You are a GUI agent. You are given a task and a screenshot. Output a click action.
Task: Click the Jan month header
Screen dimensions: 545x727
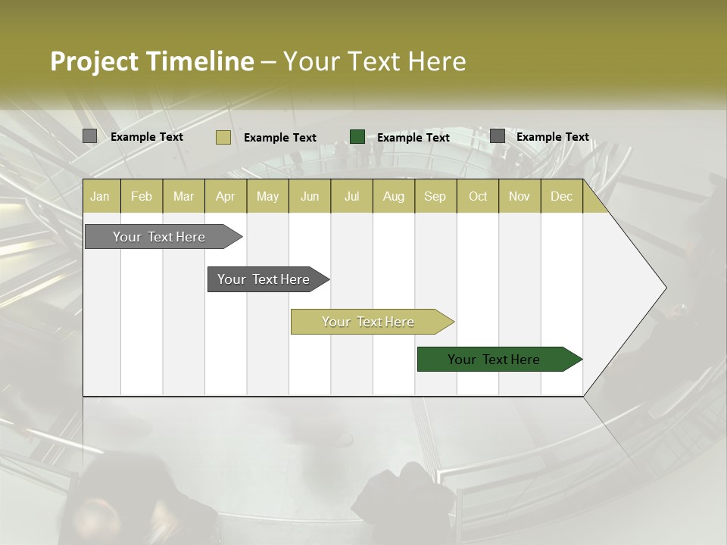pyautogui.click(x=100, y=196)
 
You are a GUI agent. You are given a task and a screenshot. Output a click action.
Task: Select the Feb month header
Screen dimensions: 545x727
pyautogui.click(x=142, y=196)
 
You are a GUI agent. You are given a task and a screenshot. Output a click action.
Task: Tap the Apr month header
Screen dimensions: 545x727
pyautogui.click(x=225, y=196)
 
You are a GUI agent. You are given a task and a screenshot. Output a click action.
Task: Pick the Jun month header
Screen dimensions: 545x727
pyautogui.click(x=310, y=196)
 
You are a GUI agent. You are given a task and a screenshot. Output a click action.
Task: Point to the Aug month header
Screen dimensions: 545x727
pyautogui.click(x=393, y=196)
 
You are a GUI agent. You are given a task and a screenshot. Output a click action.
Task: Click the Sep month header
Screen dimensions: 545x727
pyautogui.click(x=435, y=196)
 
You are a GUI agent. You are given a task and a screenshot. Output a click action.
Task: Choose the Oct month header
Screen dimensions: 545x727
pyautogui.click(x=478, y=196)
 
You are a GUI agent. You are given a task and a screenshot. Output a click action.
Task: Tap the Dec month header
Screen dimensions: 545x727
pyautogui.click(x=561, y=196)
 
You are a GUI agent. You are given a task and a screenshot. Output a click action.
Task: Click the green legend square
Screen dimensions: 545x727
pyautogui.click(x=357, y=137)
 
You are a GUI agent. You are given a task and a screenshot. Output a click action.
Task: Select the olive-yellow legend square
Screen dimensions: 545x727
pyautogui.click(x=223, y=137)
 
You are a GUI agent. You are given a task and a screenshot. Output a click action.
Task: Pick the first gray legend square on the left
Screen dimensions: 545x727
pyautogui.click(x=90, y=136)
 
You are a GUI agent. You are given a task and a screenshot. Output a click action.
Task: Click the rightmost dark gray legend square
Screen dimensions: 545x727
pyautogui.click(x=498, y=136)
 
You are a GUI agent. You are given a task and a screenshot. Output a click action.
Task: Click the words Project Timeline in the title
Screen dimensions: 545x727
pyautogui.click(x=151, y=61)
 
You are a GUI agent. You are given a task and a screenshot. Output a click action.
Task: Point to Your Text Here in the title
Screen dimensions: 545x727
pyautogui.click(x=374, y=61)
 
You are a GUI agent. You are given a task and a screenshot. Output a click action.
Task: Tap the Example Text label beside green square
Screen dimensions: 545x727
pyautogui.click(x=413, y=137)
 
